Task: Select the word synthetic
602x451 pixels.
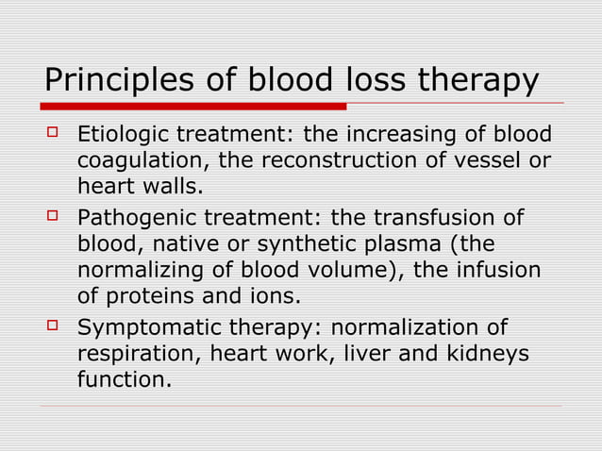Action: [282, 244]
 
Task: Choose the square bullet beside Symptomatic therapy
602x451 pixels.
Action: [53, 328]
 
